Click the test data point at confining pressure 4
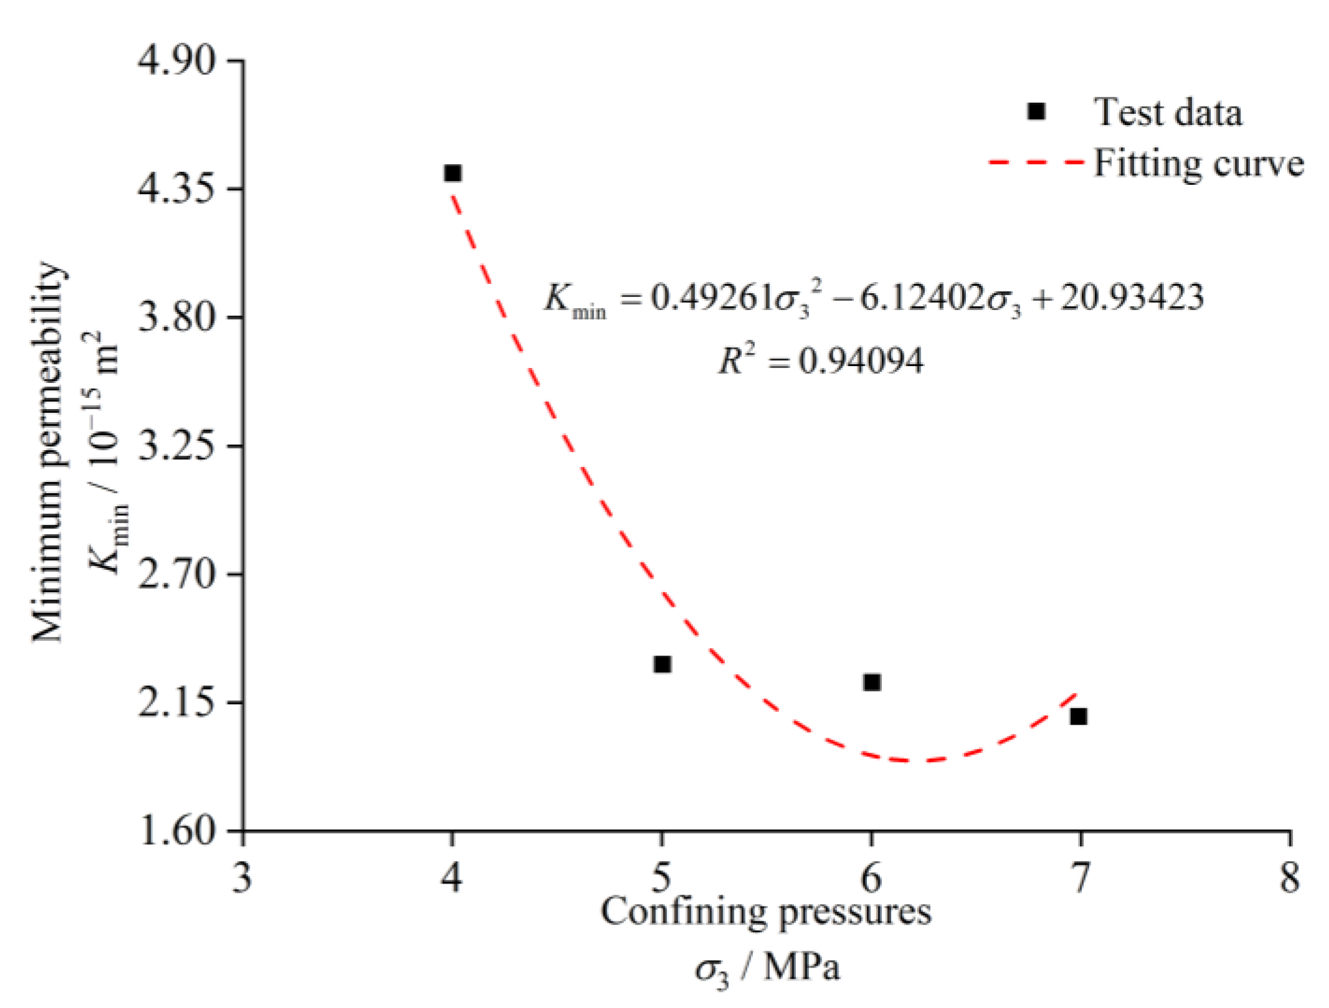point(453,173)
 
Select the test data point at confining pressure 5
point(663,664)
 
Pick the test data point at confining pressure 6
point(872,682)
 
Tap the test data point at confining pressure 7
point(1079,717)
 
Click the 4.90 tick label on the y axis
point(178,61)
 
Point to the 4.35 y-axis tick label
point(178,189)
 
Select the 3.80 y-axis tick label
point(178,317)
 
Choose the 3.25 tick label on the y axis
point(178,446)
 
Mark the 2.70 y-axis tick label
point(178,574)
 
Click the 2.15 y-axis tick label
point(178,702)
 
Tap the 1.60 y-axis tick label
point(178,831)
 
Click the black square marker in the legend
point(1036,111)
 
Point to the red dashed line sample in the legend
point(1037,163)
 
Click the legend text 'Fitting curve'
point(1199,164)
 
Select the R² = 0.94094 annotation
point(821,360)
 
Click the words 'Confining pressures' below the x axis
point(766,913)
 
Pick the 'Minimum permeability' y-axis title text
point(47,452)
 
